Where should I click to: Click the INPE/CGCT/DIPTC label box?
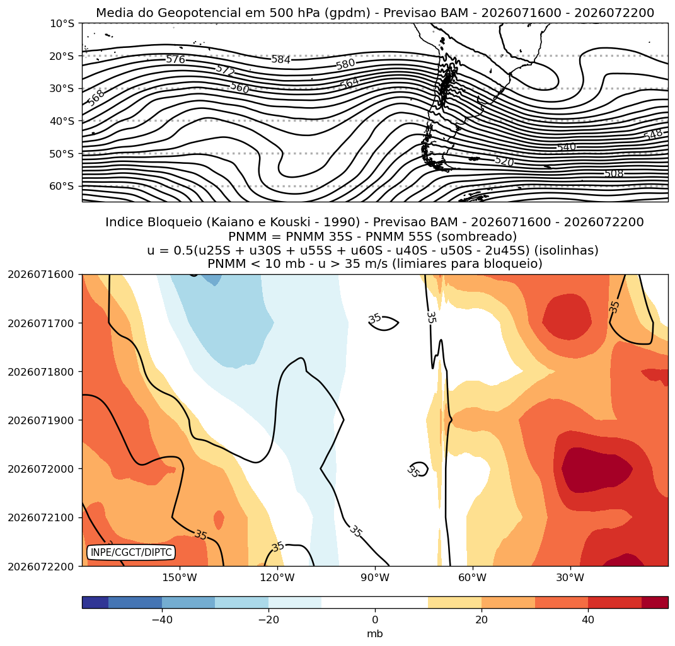tap(131, 552)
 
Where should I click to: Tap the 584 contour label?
tap(280, 59)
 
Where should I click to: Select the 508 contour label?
tap(614, 173)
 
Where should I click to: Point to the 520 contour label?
tap(505, 161)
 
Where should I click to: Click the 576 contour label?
tap(176, 59)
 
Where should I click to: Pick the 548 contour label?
tap(654, 135)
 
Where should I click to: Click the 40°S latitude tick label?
tap(62, 121)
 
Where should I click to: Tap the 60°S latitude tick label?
tap(62, 186)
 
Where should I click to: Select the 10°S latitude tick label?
tap(62, 24)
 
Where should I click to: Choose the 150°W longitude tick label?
tap(180, 577)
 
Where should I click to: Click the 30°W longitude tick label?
tap(570, 577)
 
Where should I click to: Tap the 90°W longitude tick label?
tap(375, 577)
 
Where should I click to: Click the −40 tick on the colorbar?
tap(162, 620)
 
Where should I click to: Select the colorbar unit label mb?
tap(375, 634)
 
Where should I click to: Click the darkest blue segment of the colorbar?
tap(95, 602)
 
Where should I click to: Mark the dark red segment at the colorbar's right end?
tap(655, 602)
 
